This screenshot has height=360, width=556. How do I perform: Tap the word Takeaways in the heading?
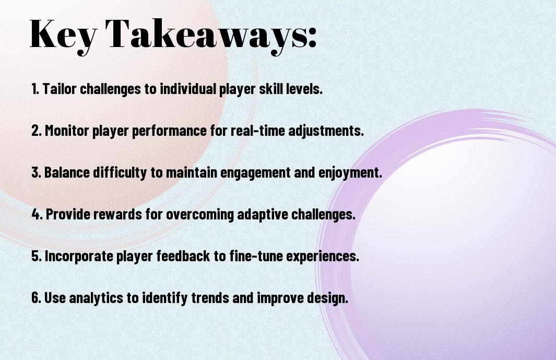pos(207,35)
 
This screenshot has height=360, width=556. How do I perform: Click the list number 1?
pos(35,89)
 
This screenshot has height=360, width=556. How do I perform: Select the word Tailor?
pos(60,89)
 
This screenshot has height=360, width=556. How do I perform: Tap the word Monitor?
pos(67,130)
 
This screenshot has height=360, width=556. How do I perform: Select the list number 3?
pos(36,172)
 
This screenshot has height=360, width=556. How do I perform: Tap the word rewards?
pos(117,214)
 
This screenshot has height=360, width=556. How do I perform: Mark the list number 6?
pos(36,297)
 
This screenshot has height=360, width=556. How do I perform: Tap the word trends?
pos(210,297)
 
